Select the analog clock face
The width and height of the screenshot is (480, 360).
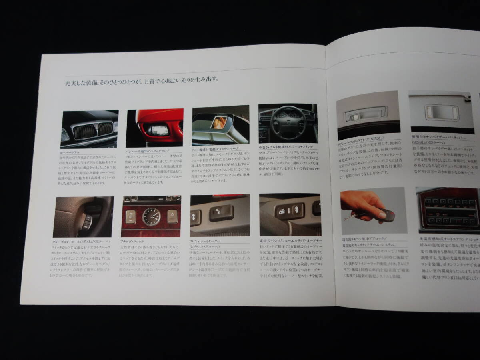point(151,216)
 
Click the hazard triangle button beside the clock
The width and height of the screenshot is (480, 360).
point(172,216)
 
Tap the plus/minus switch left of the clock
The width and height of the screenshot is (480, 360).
point(130,217)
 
